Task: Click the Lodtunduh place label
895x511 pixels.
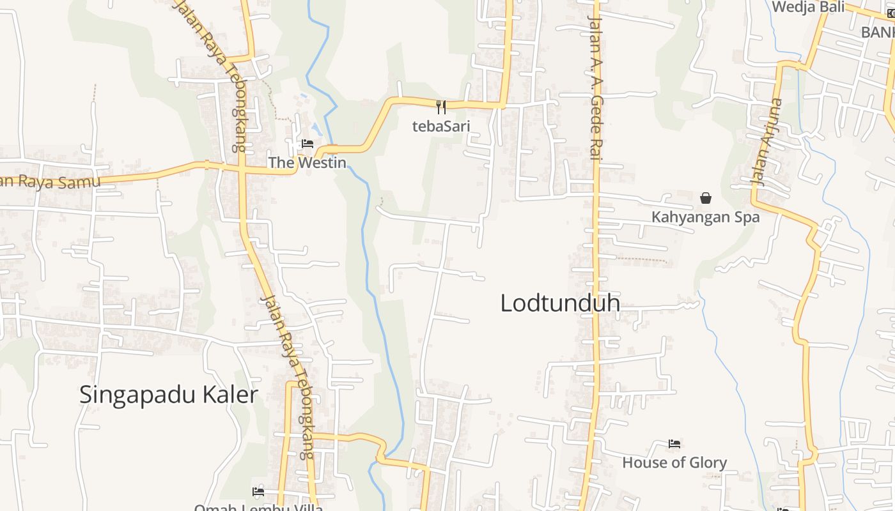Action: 560,303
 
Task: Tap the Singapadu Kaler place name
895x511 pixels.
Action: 169,395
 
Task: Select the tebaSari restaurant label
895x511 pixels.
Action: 441,126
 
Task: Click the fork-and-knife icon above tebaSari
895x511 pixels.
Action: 440,107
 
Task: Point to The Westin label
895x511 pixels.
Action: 307,163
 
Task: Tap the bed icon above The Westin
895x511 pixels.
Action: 307,144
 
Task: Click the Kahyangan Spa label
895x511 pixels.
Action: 706,217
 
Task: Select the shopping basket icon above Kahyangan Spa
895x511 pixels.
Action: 706,199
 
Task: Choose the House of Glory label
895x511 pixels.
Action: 674,462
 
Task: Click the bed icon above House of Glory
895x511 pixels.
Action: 674,443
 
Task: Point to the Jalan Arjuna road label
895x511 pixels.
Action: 767,142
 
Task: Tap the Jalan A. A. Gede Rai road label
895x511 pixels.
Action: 596,89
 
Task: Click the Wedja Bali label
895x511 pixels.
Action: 808,7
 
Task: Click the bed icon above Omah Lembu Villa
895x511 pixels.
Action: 258,492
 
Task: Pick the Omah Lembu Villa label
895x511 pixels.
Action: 258,507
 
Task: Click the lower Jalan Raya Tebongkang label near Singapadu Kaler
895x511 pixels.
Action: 288,377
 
